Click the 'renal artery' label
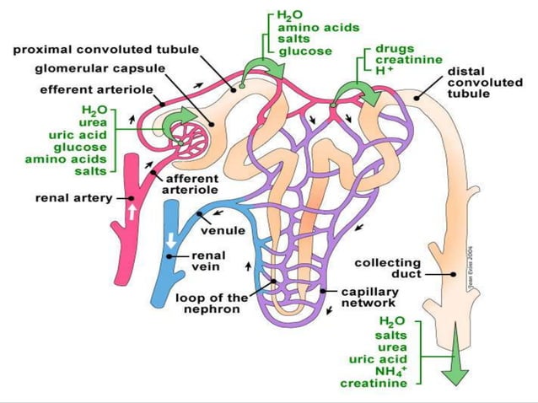coord(74,200)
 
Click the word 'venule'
coord(223,230)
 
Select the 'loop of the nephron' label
coord(212,303)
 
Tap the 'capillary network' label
coord(369,298)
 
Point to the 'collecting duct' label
coord(387,268)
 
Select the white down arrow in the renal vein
coord(171,239)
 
